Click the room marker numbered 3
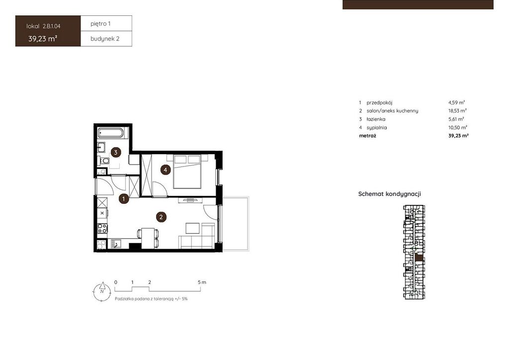tap(115, 152)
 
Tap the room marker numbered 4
tap(166, 170)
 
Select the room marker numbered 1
tap(124, 198)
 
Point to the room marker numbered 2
tap(161, 217)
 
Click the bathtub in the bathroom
tap(111, 133)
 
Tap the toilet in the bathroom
tap(104, 161)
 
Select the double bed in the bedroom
tap(187, 172)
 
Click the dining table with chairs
tap(148, 238)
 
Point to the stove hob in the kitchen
tap(102, 229)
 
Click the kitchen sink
tap(115, 244)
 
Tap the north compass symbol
tap(102, 291)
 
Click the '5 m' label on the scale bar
tap(202, 282)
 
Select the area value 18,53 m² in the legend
tap(457, 111)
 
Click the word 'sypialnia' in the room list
tap(377, 128)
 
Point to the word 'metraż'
tap(367, 136)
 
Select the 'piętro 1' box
tap(106, 23)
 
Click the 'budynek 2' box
tap(106, 39)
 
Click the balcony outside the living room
tap(236, 223)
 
